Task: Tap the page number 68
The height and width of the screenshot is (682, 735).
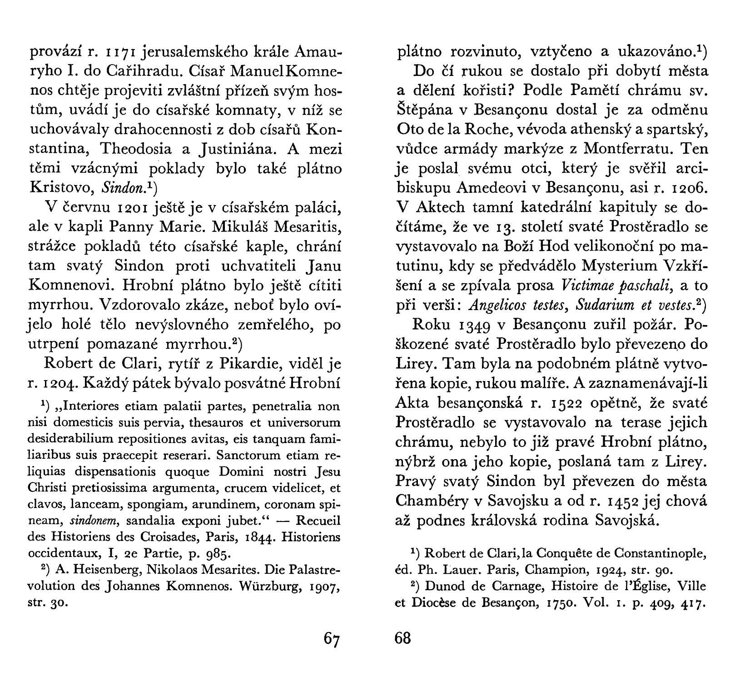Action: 402,638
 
